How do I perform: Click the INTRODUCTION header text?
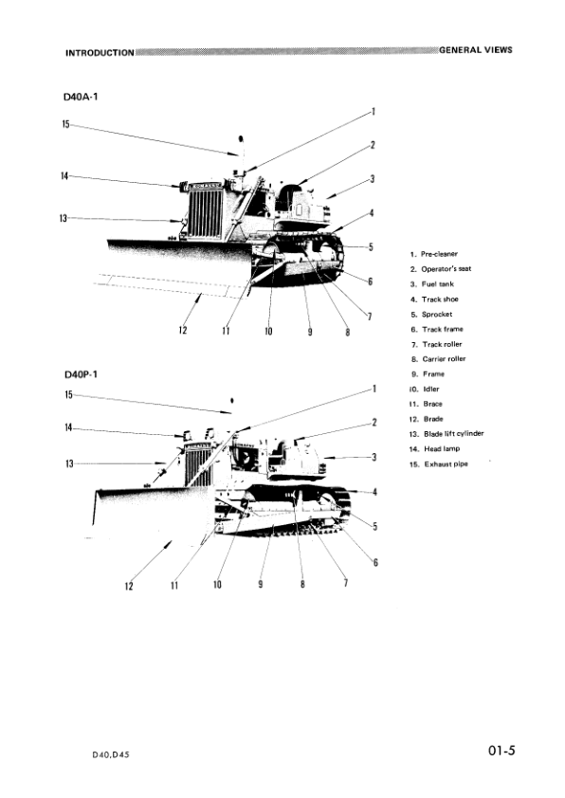100,51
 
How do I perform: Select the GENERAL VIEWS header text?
475,49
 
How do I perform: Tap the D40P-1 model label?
82,374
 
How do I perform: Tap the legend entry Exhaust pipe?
441,463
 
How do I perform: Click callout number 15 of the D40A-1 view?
65,124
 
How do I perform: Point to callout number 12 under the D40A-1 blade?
183,330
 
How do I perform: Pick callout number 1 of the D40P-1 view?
374,389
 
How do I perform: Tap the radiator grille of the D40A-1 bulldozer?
206,211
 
